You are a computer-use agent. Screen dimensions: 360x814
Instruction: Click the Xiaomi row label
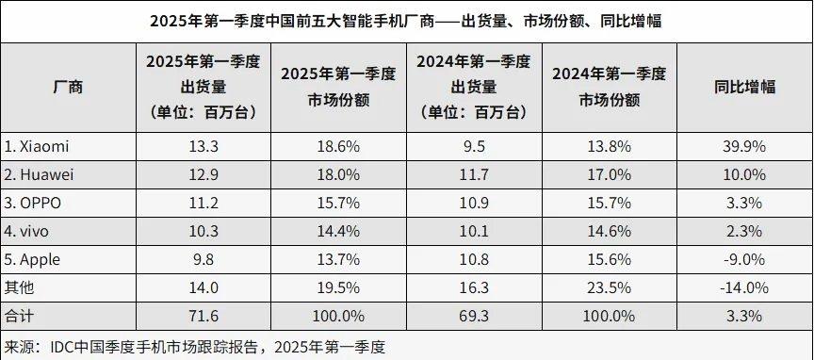tap(38, 146)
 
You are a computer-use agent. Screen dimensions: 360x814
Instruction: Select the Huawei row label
tap(41, 174)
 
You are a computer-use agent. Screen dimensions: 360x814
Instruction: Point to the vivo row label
tap(29, 231)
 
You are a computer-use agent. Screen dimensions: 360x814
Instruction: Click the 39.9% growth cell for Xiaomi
tap(744, 146)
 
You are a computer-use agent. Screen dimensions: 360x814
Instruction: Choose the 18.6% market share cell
tap(338, 146)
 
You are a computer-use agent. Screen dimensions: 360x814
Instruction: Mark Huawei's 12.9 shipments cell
tap(203, 174)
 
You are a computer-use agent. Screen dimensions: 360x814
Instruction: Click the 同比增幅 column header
tap(744, 88)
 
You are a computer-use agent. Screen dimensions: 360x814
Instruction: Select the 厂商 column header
tap(68, 88)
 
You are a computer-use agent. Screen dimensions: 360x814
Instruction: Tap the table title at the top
tap(406, 21)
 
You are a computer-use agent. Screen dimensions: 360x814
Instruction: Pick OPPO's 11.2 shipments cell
tap(203, 203)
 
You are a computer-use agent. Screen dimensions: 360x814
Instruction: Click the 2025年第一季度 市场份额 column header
tap(338, 88)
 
